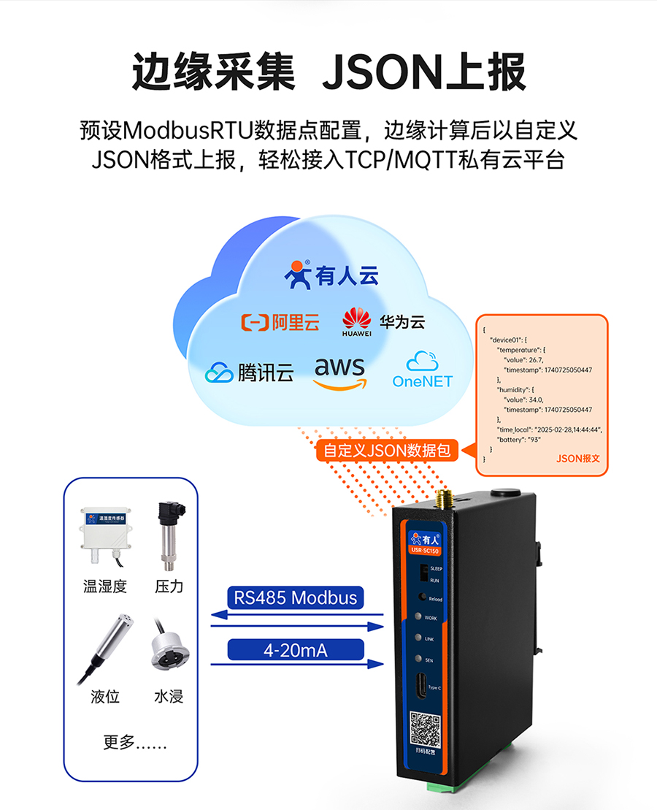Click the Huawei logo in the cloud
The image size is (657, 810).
click(357, 322)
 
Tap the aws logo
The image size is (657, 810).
click(339, 373)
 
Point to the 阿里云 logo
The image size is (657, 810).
click(280, 322)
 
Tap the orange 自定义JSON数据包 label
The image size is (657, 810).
click(387, 451)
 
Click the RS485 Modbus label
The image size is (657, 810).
click(295, 597)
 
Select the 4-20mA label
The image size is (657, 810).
click(295, 649)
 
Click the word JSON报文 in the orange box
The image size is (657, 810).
click(577, 459)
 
